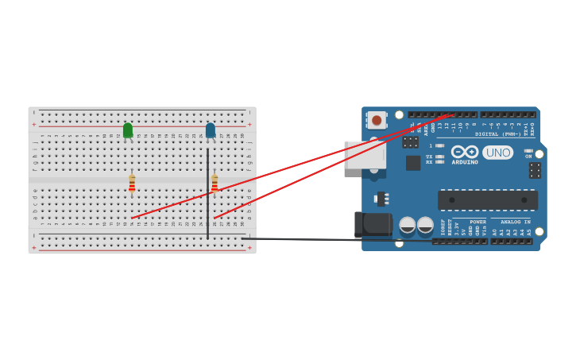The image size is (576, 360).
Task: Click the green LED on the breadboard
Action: (x=128, y=130)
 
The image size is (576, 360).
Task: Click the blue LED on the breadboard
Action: (x=211, y=130)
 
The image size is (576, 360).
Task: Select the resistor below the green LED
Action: (x=132, y=184)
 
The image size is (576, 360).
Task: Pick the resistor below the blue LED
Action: (x=215, y=184)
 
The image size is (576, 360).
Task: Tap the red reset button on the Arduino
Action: (x=377, y=119)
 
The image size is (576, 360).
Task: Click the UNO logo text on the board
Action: (x=497, y=152)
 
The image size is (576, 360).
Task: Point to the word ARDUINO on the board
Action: (x=465, y=162)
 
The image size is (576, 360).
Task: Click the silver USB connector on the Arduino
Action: (x=364, y=155)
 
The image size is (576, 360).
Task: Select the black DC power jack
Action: (x=373, y=225)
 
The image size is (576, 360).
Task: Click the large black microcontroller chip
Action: (x=487, y=199)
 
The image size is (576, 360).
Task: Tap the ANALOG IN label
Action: (x=515, y=222)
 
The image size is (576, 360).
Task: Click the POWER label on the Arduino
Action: (x=477, y=222)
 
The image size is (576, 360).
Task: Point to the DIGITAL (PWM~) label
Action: (x=498, y=134)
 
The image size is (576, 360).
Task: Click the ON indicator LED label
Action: (x=528, y=156)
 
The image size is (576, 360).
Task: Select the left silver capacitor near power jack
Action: (x=407, y=225)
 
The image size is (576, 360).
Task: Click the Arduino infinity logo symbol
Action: (x=465, y=151)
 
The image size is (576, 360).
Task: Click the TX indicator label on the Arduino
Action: (x=430, y=157)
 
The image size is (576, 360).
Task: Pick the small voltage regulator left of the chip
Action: (x=382, y=198)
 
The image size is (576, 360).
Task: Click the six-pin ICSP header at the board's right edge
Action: (x=535, y=170)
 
